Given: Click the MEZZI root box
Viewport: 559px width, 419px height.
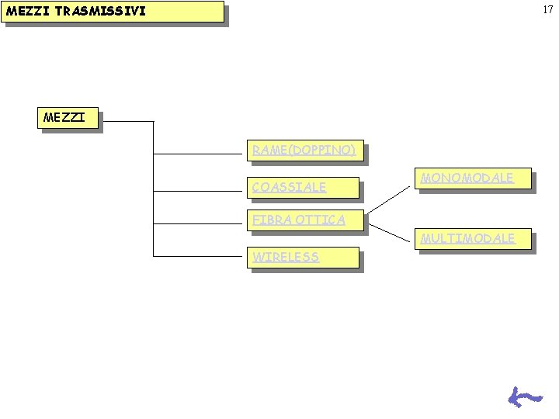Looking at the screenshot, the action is pos(68,118).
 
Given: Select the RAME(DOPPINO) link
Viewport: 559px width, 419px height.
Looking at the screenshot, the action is pos(304,150).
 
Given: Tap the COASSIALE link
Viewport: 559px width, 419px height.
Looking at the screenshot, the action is pos(289,187).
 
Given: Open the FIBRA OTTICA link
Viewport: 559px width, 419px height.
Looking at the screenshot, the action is pos(299,220).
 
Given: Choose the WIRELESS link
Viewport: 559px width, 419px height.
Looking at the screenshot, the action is pos(286,257).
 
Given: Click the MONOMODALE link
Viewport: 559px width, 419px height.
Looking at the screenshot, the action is pos(467,178).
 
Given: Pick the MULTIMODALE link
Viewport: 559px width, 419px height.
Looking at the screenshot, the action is pos(467,238).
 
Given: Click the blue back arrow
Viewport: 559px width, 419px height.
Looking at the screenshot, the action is pos(525,397).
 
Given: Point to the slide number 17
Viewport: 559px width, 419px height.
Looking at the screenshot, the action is pos(548,9).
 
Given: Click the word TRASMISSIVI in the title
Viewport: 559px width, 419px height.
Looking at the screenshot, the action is pos(100,11).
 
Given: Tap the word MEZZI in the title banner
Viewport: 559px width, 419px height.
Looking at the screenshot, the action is pos(28,11).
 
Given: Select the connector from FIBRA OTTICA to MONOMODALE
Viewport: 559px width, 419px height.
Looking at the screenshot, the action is pos(389,199).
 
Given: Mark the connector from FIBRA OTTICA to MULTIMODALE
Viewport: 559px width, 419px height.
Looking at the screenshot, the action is pos(389,233).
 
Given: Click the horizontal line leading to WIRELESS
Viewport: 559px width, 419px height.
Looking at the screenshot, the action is pos(198,256).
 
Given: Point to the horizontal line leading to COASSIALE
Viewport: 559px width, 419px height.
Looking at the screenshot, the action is pos(198,192).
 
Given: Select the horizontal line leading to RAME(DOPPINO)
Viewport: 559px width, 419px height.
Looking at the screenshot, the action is pos(198,154).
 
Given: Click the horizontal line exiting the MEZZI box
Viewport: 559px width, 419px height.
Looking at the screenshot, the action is pos(128,122).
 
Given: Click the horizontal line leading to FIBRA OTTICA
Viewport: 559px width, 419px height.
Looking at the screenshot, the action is pos(198,223).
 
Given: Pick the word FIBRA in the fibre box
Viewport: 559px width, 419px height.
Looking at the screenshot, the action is pos(272,220).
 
